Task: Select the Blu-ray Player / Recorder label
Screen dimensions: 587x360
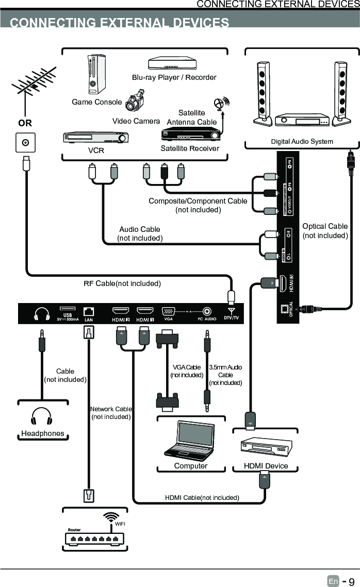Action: pos(174,77)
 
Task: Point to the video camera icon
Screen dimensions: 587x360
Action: pos(135,100)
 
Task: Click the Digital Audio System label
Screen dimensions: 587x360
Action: pos(302,141)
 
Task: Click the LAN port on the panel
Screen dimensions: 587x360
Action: pos(89,311)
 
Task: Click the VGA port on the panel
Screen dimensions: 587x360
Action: pos(168,311)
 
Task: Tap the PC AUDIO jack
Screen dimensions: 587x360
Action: pos(207,311)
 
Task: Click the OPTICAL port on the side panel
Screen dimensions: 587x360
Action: pos(284,309)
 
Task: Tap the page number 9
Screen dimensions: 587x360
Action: pos(351,581)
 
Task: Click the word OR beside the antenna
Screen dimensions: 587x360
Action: pos(25,123)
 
